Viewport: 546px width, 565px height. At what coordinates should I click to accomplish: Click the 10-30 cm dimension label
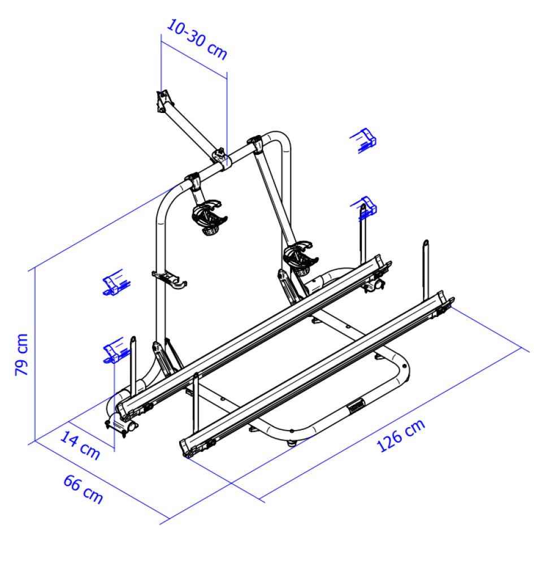tap(197, 40)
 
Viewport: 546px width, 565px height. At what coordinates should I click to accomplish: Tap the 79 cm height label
tap(21, 354)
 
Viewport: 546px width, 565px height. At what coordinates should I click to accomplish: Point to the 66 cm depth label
tap(83, 489)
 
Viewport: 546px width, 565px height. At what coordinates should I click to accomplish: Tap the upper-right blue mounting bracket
tap(364, 139)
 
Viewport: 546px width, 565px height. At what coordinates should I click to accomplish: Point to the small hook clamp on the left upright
tap(170, 279)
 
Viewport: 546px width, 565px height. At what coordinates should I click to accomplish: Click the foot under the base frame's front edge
tap(292, 444)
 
